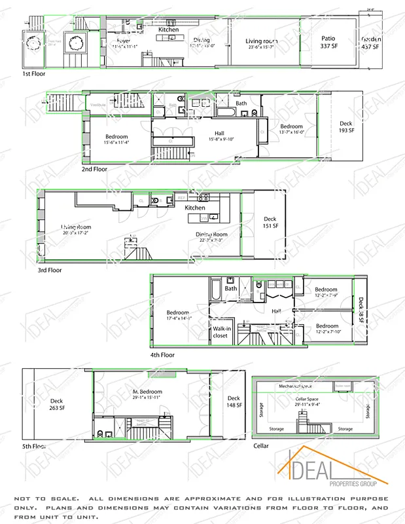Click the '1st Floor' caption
tap(35, 74)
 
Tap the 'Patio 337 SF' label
tap(328, 43)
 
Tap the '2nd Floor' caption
tap(94, 168)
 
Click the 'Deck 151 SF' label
tap(270, 223)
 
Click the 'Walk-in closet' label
tap(220, 332)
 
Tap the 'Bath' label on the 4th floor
tap(231, 288)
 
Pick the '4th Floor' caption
tap(162, 355)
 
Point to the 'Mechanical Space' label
tap(296, 387)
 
